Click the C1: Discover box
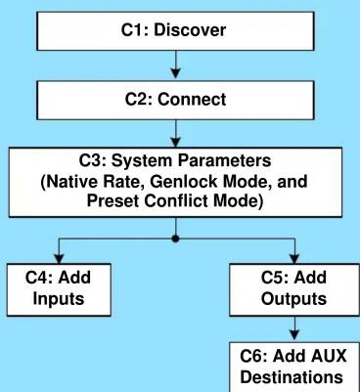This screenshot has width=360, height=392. click(x=176, y=31)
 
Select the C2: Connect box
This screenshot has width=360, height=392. click(x=176, y=100)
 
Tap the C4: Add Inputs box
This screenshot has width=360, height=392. click(x=59, y=289)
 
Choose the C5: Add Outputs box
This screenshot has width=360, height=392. click(x=294, y=289)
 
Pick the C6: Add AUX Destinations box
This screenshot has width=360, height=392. click(x=294, y=367)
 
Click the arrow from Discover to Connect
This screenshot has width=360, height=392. click(x=176, y=65)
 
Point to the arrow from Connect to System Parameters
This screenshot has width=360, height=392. click(x=176, y=134)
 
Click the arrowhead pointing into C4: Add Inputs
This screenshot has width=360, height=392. click(x=59, y=258)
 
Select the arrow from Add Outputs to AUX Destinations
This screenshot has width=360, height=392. click(x=294, y=328)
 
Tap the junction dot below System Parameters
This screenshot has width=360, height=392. click(x=176, y=239)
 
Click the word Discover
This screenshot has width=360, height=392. click(x=190, y=30)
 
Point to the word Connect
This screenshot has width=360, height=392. click(x=192, y=99)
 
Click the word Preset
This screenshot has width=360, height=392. click(x=113, y=200)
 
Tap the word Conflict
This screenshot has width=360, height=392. click(x=176, y=200)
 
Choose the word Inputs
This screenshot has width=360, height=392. click(x=59, y=299)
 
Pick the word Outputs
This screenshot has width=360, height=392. click(x=293, y=298)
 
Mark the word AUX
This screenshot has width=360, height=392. click(x=329, y=356)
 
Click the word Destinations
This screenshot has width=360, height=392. click(x=292, y=377)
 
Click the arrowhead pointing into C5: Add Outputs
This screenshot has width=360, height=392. click(x=294, y=258)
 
